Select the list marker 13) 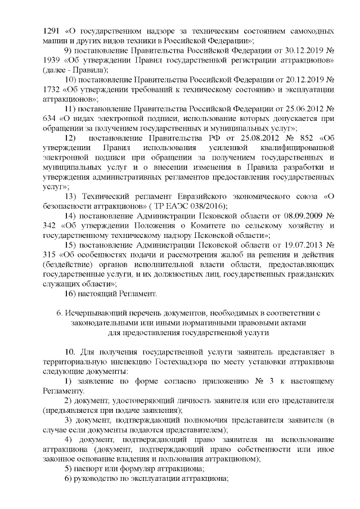pyautogui.click(x=70, y=196)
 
